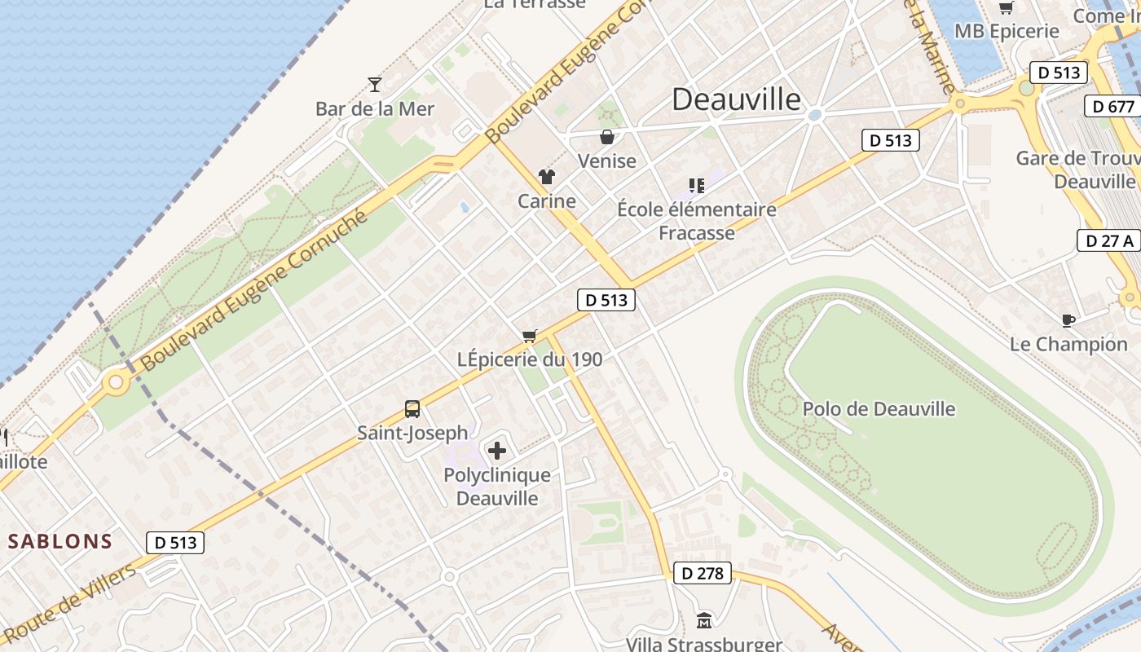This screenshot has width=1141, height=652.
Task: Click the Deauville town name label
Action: [x=737, y=99]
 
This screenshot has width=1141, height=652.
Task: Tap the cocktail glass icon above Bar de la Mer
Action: [x=375, y=84]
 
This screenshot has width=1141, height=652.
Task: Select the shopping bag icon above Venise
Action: [x=606, y=137]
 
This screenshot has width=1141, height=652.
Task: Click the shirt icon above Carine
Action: [x=546, y=177]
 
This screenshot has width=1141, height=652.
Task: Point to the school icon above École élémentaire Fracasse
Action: [x=696, y=186]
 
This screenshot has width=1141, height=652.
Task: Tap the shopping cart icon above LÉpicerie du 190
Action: [x=530, y=336]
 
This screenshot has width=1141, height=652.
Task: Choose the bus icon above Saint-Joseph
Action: [x=412, y=409]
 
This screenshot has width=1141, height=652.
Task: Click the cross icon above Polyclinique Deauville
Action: [x=497, y=450]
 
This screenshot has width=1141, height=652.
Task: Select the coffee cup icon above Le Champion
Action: [x=1068, y=320]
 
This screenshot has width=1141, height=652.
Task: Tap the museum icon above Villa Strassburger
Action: [x=704, y=621]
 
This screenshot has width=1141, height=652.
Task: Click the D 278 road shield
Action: [x=702, y=573]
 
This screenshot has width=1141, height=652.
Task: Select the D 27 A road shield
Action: [x=1108, y=240]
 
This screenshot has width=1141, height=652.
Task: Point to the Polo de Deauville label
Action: [x=879, y=409]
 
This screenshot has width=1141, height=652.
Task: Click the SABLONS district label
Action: [x=60, y=541]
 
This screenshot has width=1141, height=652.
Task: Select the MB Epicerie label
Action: [x=1007, y=32]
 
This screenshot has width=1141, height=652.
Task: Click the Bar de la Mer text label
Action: [x=375, y=108]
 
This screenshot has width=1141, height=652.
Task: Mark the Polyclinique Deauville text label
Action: [x=497, y=487]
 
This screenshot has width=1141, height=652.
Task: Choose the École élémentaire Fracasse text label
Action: [x=697, y=221]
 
